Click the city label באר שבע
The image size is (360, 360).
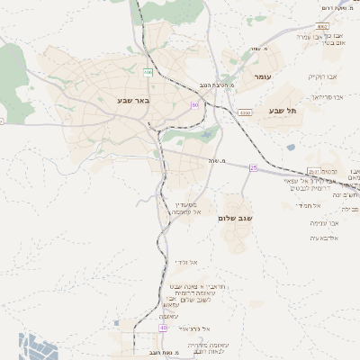click(x=132, y=99)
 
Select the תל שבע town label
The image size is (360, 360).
click(x=282, y=110)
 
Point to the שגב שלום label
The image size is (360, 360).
click(x=237, y=217)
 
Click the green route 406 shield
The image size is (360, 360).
click(x=148, y=72)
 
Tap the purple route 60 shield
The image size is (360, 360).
click(x=194, y=105)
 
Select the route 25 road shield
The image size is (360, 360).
click(x=254, y=168)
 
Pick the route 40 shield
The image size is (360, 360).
click(x=163, y=328)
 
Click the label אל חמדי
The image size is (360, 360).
click(x=309, y=206)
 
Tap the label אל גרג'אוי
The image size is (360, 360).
click(x=193, y=329)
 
